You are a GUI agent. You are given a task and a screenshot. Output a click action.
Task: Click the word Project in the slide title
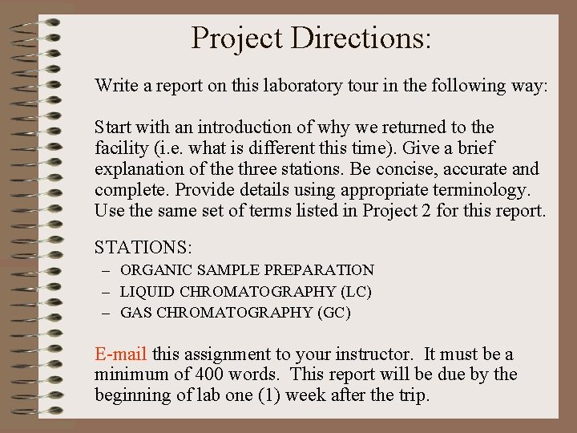(238, 38)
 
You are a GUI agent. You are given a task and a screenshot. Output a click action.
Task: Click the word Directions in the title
(361, 38)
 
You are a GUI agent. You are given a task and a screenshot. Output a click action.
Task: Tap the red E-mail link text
(121, 354)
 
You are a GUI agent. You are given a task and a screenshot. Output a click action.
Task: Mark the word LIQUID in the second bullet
(147, 291)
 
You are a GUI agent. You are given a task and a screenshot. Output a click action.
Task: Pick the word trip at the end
(414, 395)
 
